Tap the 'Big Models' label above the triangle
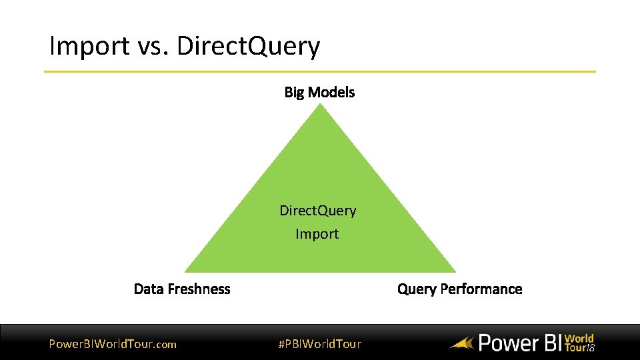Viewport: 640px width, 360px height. [x=319, y=92]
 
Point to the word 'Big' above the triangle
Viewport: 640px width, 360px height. [x=294, y=92]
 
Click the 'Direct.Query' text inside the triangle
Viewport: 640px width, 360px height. [x=317, y=211]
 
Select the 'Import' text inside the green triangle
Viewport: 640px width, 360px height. [x=317, y=234]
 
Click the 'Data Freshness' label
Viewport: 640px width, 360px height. [x=182, y=289]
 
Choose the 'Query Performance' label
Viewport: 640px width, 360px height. [x=459, y=289]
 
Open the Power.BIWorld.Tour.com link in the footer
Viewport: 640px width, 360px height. [x=113, y=344]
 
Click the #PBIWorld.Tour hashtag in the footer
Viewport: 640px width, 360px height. [x=319, y=344]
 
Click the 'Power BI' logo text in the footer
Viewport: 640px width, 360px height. [x=519, y=343]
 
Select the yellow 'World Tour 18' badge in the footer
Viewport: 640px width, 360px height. [x=579, y=343]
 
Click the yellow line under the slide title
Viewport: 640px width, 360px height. [x=320, y=71]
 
